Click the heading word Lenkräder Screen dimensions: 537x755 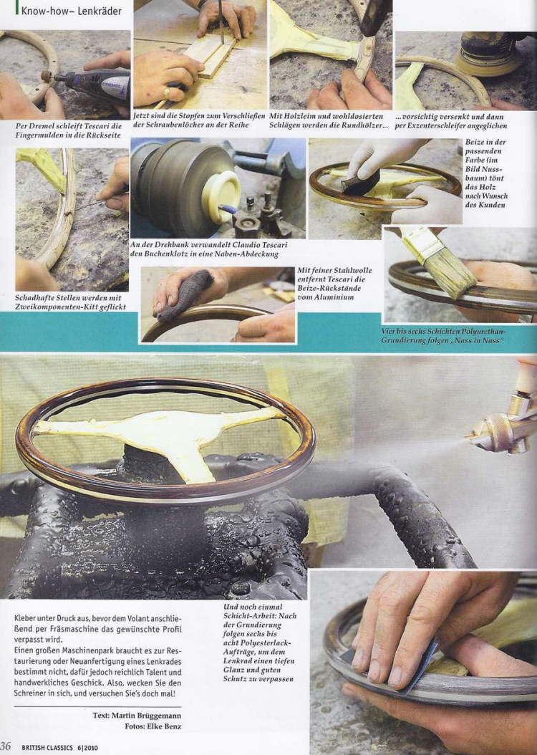coord(99,11)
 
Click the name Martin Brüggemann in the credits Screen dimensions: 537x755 coord(146,716)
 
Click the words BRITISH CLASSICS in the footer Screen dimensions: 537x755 coord(48,748)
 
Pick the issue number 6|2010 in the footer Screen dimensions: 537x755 coord(87,748)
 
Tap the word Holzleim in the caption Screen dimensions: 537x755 coord(301,116)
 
